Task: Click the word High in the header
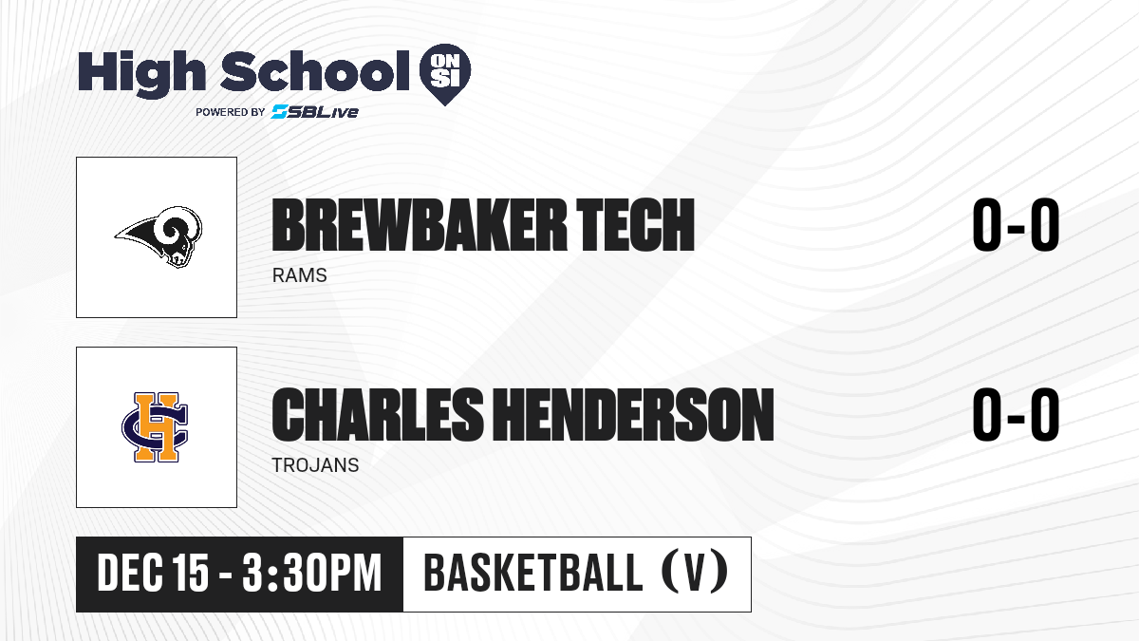[x=141, y=73]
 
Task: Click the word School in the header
[x=315, y=70]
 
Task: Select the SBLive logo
[x=315, y=111]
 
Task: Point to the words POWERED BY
[x=231, y=112]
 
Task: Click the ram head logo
[x=159, y=236]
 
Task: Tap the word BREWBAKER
[x=420, y=225]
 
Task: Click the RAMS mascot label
[x=300, y=275]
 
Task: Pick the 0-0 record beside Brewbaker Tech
[x=1016, y=224]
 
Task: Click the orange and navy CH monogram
[x=155, y=426]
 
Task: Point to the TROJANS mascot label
[x=315, y=465]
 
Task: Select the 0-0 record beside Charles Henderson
[x=1016, y=415]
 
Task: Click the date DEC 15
[x=153, y=573]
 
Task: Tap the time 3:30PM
[x=311, y=573]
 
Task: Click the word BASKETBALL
[x=532, y=573]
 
